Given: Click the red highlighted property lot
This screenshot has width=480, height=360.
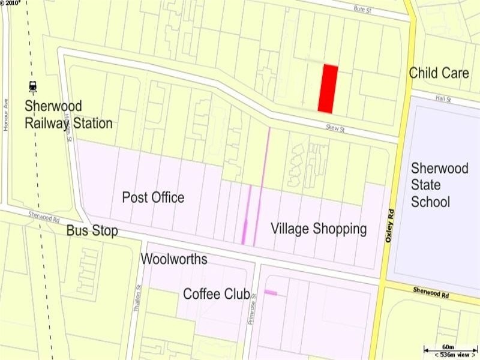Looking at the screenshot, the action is (x=327, y=88).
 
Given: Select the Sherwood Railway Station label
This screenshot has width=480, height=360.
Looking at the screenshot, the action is (x=68, y=115).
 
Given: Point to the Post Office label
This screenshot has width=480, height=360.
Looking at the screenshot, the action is (x=153, y=197).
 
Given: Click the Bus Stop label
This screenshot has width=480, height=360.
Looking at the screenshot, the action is (x=92, y=231).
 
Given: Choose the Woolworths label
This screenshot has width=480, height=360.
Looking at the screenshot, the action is (x=174, y=259).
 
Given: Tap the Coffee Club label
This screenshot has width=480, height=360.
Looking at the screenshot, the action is (x=217, y=294).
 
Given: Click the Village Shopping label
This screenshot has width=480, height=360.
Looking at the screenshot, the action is (x=319, y=229).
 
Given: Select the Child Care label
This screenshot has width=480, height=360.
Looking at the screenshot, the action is (x=439, y=73).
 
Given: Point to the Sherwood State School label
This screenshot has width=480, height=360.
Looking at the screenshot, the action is (x=439, y=184).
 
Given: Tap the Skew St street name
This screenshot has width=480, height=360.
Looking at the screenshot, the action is (x=335, y=128).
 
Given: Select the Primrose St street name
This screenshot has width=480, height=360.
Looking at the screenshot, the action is (x=253, y=308).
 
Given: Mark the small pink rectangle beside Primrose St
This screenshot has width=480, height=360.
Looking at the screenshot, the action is (x=271, y=293).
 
